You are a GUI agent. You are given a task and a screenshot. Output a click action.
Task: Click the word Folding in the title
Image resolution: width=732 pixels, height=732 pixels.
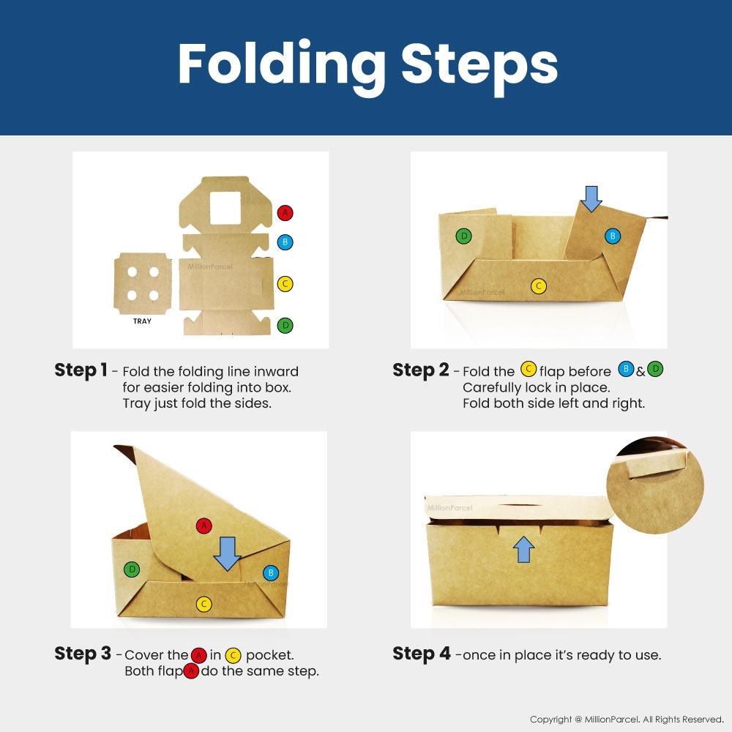click(282, 64)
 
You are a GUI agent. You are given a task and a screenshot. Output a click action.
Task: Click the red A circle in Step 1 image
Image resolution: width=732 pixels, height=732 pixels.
click(285, 213)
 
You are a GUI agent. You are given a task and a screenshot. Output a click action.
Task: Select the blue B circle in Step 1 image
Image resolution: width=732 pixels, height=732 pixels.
click(285, 242)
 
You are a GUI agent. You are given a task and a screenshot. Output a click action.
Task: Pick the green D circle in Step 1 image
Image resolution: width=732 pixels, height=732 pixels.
click(285, 325)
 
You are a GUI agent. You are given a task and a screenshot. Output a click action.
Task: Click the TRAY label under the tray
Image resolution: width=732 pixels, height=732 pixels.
click(142, 321)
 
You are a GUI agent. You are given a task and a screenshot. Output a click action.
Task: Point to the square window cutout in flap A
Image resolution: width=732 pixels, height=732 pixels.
click(225, 208)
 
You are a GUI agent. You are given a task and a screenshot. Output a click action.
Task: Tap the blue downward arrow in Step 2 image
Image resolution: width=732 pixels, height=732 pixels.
click(591, 199)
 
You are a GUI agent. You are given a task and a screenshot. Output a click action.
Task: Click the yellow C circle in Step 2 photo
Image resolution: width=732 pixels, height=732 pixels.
click(538, 285)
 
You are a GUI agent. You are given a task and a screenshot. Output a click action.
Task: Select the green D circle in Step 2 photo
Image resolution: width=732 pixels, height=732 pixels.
click(463, 236)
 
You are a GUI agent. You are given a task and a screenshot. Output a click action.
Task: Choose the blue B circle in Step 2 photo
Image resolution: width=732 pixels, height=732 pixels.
click(613, 236)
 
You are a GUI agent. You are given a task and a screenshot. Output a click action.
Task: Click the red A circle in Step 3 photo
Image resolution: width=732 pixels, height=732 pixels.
click(203, 526)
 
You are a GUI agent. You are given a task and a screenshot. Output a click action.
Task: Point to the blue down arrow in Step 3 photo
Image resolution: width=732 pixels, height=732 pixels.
click(227, 553)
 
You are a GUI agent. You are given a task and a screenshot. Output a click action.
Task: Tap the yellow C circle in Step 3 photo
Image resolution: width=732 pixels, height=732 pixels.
click(203, 605)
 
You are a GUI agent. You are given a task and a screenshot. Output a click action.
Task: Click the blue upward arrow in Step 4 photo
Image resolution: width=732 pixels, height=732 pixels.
click(523, 549)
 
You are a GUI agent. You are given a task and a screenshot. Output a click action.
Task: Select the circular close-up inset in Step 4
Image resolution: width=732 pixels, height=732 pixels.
click(655, 485)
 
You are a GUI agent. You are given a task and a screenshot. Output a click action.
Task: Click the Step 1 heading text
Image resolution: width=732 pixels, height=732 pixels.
click(81, 370)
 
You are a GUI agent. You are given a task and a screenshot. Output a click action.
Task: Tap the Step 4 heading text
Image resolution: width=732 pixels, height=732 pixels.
click(421, 654)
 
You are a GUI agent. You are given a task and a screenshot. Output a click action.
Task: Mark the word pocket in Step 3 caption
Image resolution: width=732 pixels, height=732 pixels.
click(270, 655)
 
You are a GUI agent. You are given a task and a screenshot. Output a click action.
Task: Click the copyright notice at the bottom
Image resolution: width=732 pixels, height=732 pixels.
click(627, 720)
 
